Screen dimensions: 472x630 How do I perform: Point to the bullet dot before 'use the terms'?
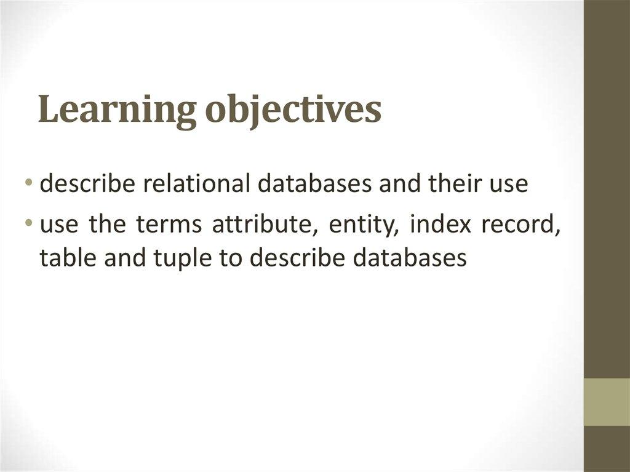[30, 225]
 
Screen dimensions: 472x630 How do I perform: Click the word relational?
[192, 185]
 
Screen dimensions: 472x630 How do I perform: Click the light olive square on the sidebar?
[607, 401]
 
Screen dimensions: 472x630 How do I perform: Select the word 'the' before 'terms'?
[107, 225]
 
